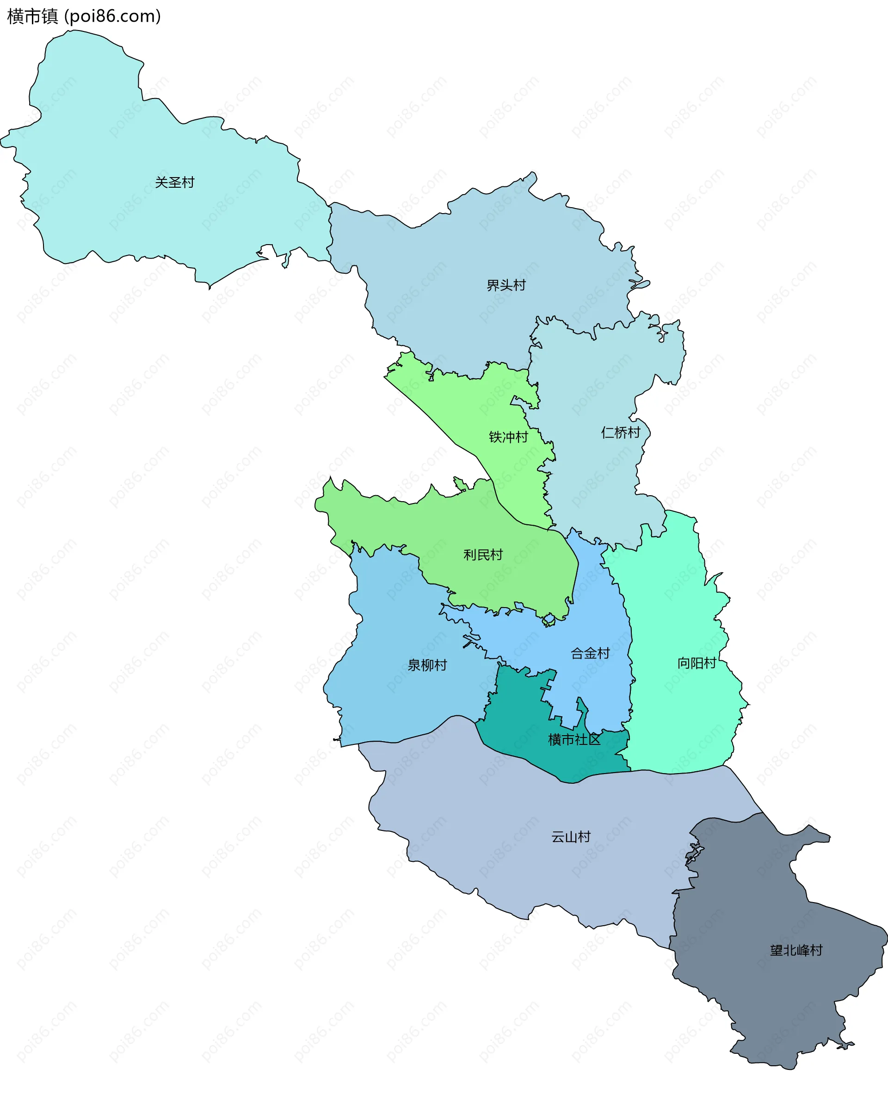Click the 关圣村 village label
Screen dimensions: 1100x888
[174, 183]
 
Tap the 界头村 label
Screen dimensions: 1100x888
[506, 285]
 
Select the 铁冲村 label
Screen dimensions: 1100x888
[508, 437]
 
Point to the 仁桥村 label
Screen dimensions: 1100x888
[621, 433]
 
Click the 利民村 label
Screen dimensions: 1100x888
[483, 555]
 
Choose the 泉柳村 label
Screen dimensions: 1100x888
[427, 665]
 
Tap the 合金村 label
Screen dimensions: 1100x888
[590, 653]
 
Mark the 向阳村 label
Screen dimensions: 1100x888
[697, 663]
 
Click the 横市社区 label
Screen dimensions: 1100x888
[574, 740]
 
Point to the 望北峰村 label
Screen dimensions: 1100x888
[796, 951]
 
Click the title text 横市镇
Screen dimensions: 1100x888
[33, 17]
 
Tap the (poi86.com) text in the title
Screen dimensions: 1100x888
[112, 17]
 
